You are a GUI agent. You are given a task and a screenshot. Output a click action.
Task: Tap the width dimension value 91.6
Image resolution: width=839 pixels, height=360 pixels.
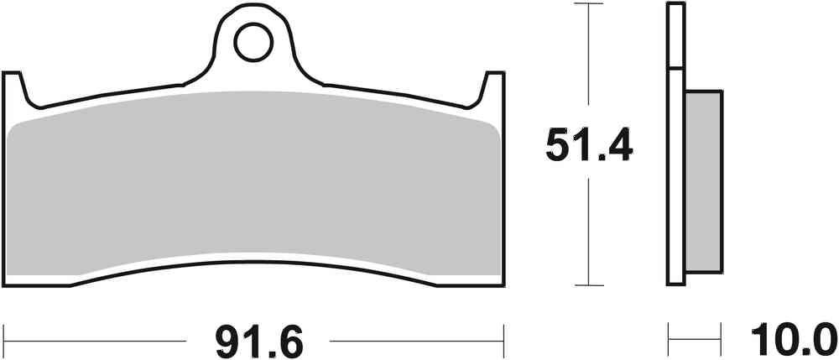[257, 341]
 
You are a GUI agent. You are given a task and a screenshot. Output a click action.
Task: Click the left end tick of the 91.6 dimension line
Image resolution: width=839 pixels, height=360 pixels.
[4, 341]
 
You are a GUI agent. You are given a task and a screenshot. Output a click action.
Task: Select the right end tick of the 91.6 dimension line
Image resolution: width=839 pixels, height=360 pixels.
[503, 341]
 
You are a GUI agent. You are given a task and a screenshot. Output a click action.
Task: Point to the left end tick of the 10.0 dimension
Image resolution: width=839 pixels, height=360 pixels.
[669, 341]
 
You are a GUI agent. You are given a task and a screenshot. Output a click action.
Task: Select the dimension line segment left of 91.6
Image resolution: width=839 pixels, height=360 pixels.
[92, 341]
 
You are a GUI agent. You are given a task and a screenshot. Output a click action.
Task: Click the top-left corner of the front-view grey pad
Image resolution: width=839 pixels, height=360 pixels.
[12, 128]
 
